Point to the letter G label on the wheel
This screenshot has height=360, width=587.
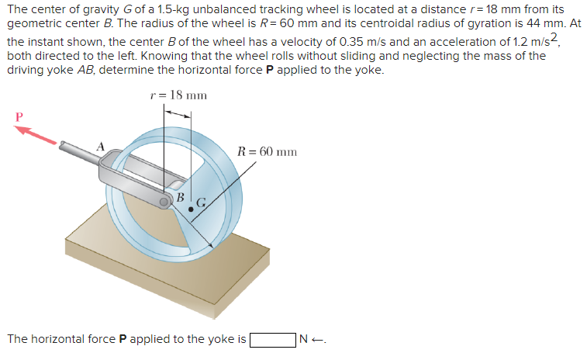(199, 203)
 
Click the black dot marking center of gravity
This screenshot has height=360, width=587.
(191, 209)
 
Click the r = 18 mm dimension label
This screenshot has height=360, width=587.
(178, 95)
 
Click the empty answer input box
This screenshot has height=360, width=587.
(272, 339)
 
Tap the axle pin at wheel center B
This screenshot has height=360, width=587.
(166, 202)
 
